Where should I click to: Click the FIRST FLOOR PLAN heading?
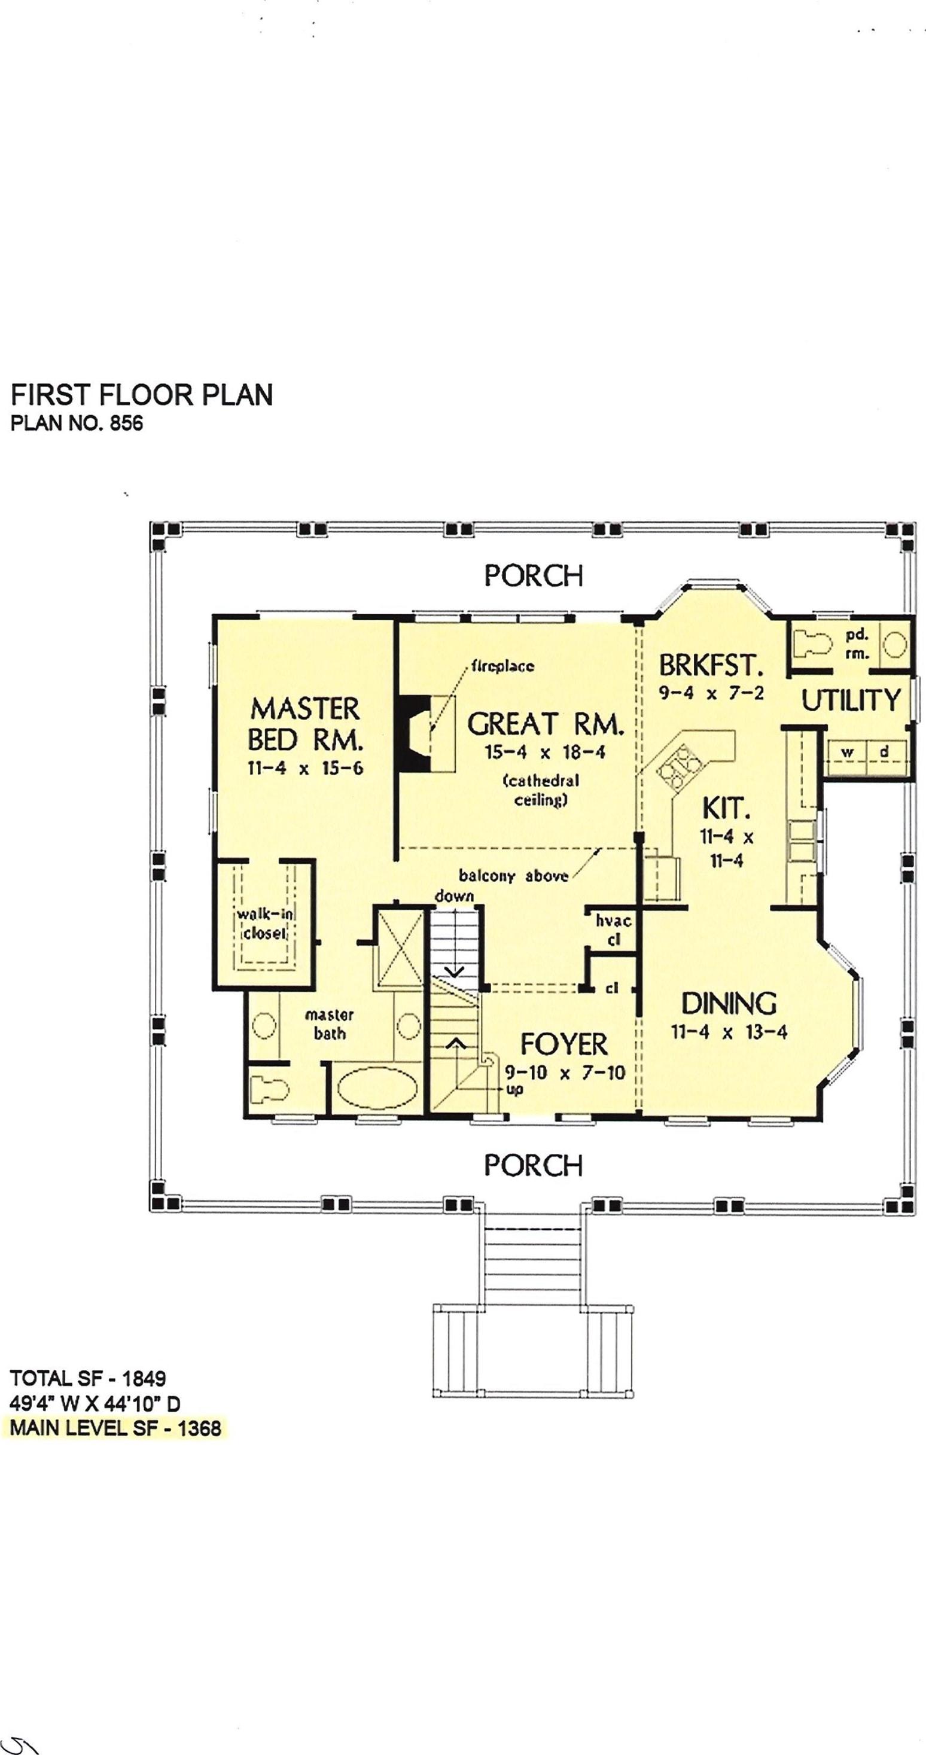(x=142, y=395)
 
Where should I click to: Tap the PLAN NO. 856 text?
(x=77, y=423)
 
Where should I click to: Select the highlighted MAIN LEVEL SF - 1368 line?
(x=116, y=1428)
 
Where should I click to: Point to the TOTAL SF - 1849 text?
(x=88, y=1378)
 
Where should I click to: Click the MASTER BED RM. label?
(x=304, y=724)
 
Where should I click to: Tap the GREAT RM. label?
(x=545, y=724)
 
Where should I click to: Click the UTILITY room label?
(x=851, y=700)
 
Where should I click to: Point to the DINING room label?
(x=729, y=1004)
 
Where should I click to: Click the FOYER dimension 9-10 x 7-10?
(x=565, y=1073)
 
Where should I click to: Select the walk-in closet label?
(x=265, y=923)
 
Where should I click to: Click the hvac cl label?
(x=613, y=930)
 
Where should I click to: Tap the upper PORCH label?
(x=534, y=575)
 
